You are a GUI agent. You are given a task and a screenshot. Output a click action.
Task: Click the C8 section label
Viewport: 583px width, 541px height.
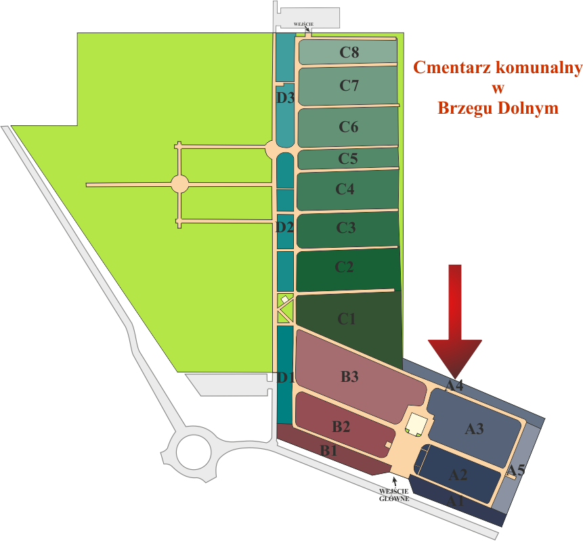tap(349, 52)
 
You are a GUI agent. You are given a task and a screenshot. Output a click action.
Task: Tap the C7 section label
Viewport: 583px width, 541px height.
tap(349, 85)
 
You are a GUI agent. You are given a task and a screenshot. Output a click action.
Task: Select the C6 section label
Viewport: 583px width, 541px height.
tap(349, 127)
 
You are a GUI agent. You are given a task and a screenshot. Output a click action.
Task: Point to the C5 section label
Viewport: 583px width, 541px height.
tap(348, 159)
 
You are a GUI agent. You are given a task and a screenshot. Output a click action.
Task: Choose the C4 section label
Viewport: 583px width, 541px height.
tap(345, 189)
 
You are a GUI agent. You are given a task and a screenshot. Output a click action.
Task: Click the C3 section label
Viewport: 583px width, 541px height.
tap(346, 228)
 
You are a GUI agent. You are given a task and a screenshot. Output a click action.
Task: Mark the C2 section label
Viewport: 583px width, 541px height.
tap(345, 267)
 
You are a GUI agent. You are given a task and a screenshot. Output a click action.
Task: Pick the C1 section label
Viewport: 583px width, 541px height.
tap(347, 318)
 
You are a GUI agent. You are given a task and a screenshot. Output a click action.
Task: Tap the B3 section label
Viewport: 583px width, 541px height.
tap(349, 377)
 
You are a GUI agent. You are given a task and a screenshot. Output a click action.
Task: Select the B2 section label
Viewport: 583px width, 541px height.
tap(341, 427)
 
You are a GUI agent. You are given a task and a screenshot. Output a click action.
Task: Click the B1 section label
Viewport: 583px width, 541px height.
tap(329, 450)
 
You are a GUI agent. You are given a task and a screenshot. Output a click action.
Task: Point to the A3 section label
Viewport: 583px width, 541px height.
tap(474, 429)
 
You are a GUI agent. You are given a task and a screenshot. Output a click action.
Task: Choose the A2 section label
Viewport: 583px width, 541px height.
tap(458, 475)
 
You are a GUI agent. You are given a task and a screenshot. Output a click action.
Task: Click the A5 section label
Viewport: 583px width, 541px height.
tap(517, 470)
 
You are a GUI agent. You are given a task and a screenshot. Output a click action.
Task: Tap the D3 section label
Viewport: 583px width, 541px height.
tap(285, 98)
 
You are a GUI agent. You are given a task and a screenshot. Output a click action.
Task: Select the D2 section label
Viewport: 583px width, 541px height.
tap(284, 227)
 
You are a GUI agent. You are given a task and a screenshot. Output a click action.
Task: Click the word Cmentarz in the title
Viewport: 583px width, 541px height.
tap(451, 68)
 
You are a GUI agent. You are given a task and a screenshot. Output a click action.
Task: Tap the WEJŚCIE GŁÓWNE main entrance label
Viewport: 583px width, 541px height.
tap(393, 494)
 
